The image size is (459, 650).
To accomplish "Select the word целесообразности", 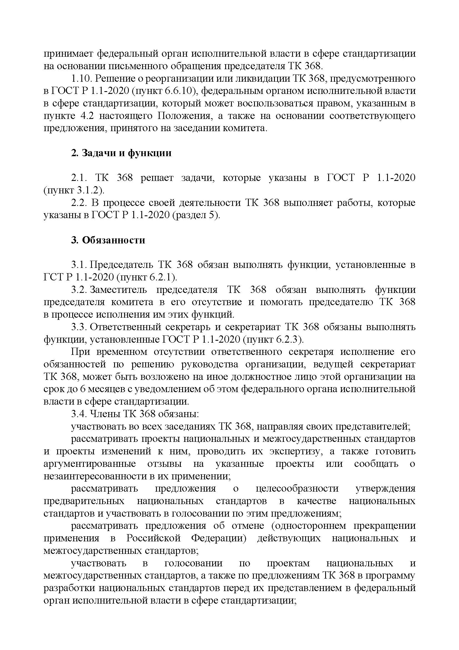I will coord(297,489).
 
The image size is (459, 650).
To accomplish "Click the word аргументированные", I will coord(90,464).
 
